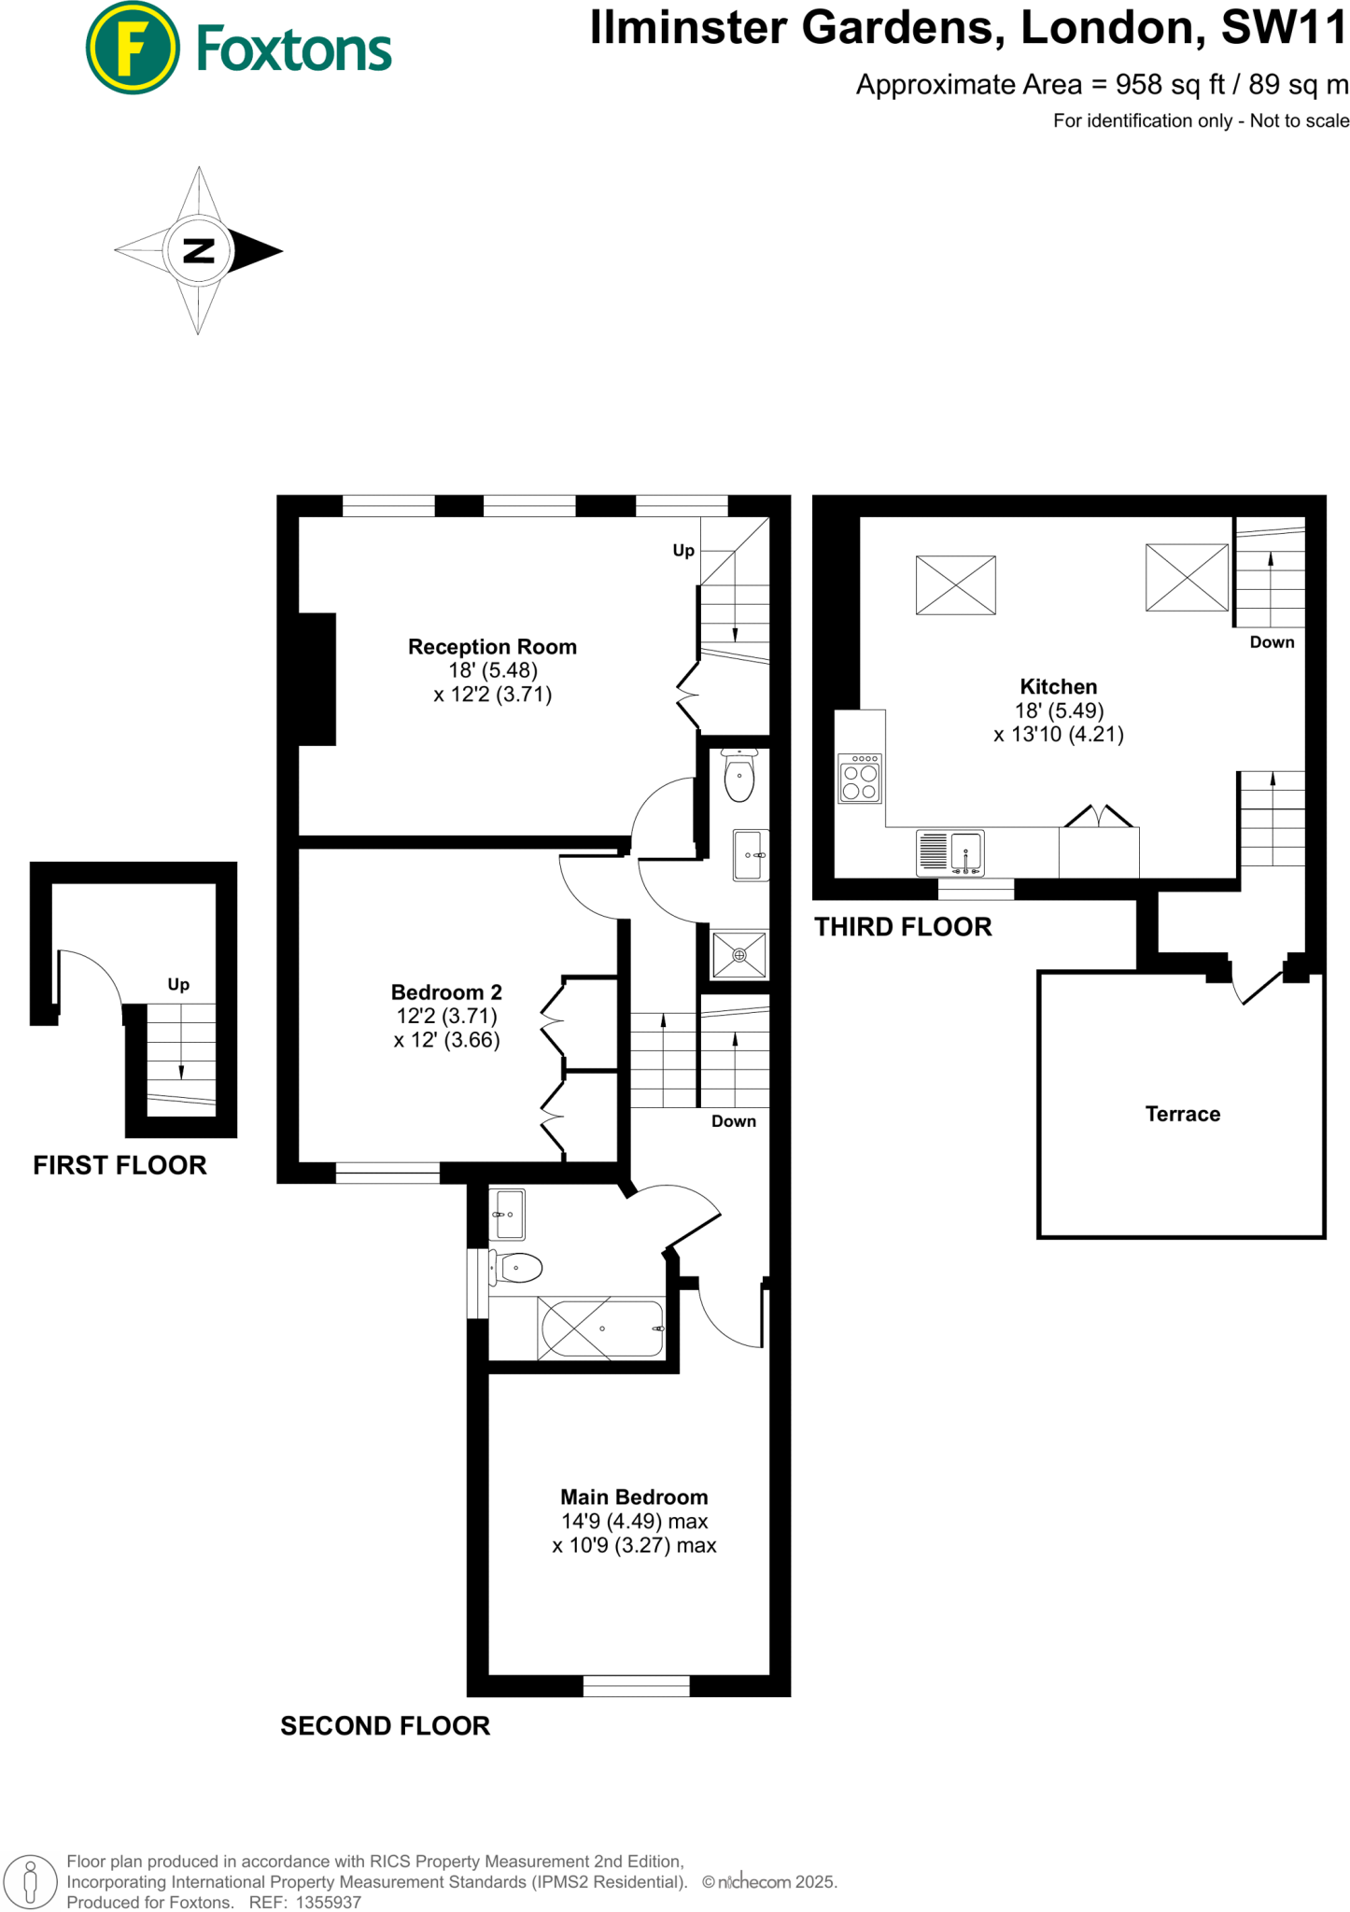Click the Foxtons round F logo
click(132, 49)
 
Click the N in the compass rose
click(198, 250)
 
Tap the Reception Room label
click(492, 647)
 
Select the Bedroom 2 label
click(446, 992)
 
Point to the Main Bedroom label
click(634, 1497)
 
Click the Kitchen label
click(1058, 687)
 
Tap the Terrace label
click(1182, 1114)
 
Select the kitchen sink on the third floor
click(966, 851)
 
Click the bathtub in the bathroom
click(601, 1329)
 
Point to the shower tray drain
click(738, 954)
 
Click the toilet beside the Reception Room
click(738, 778)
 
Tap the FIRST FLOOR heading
click(120, 1165)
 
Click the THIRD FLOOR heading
click(903, 927)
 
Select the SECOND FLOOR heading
click(385, 1726)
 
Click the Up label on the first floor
click(178, 984)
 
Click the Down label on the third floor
click(1272, 642)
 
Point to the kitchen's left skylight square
click(955, 585)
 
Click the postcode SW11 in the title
click(1284, 27)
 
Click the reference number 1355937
click(328, 1902)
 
